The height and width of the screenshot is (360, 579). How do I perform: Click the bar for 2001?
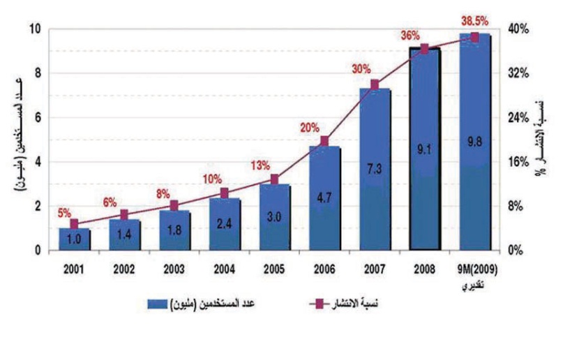click(74, 239)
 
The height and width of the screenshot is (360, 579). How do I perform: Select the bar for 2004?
click(224, 224)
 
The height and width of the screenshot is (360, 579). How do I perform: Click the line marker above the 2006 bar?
click(324, 141)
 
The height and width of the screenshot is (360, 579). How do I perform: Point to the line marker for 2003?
click(174, 205)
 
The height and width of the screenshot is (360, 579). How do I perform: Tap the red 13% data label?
click(260, 165)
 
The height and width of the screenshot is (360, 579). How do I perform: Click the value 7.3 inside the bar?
click(375, 169)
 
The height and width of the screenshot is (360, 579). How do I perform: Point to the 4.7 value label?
click(324, 197)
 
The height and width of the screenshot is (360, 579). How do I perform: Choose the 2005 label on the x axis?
click(274, 268)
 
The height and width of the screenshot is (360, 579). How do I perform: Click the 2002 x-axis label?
click(123, 268)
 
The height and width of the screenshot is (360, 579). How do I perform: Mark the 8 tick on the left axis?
click(39, 73)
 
